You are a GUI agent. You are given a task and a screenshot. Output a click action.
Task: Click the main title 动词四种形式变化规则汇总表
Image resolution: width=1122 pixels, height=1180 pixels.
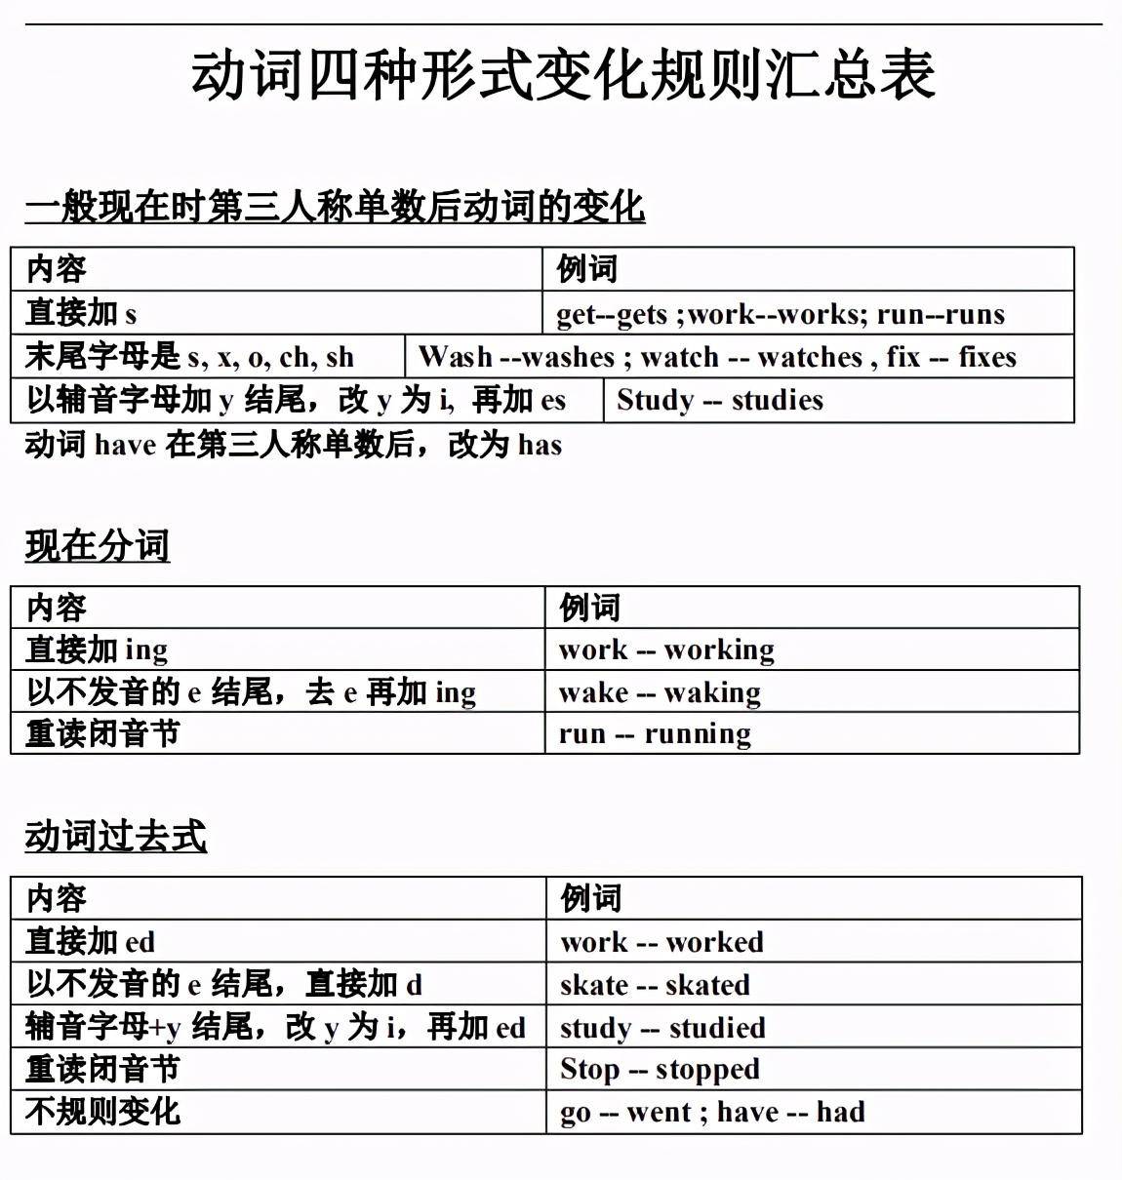(563, 76)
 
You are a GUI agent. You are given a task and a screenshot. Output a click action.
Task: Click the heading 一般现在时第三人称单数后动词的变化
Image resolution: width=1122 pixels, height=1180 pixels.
(335, 207)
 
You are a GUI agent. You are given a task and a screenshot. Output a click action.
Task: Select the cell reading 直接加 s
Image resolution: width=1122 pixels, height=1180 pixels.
(81, 313)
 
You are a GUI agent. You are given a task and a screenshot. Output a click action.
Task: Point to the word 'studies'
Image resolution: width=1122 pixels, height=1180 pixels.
(777, 400)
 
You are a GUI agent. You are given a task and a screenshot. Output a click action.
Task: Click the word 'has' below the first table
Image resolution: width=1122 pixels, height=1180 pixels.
(540, 445)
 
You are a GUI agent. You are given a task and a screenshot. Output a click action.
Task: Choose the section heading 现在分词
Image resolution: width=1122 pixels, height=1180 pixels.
(98, 545)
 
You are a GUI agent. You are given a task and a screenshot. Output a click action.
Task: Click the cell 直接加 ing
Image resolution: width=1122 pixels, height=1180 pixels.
(97, 649)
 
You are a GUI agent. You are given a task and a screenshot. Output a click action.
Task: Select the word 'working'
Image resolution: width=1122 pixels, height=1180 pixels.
(719, 649)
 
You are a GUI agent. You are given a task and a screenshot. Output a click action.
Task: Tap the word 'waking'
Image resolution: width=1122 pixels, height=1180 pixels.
(712, 692)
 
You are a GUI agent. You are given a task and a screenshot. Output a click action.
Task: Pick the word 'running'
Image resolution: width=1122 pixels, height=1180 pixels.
(698, 733)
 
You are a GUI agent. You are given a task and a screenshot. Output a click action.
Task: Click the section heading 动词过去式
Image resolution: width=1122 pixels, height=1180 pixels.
(115, 836)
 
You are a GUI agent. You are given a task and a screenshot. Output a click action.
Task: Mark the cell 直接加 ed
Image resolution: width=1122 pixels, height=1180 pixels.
(90, 941)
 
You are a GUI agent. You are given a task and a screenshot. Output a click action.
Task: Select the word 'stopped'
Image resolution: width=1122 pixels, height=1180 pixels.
(707, 1070)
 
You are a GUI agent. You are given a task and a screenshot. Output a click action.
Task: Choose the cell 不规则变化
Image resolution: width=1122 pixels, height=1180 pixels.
(102, 1111)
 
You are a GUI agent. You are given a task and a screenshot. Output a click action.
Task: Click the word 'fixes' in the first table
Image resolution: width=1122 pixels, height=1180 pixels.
(987, 357)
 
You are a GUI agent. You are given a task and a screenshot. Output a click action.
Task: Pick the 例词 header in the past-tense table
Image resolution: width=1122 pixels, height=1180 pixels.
(590, 898)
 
